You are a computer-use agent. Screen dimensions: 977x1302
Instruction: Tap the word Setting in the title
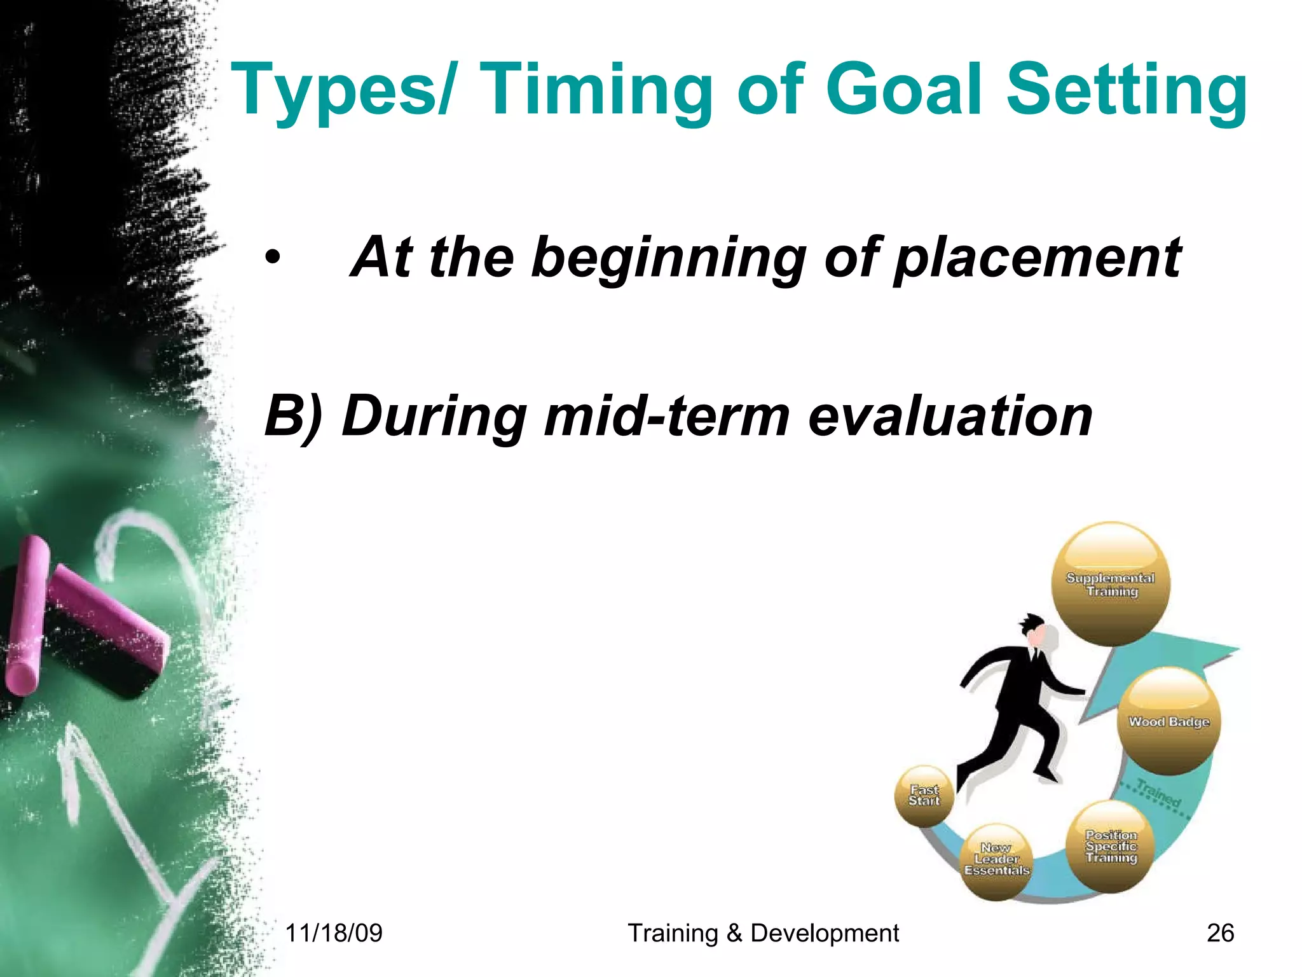click(x=1125, y=90)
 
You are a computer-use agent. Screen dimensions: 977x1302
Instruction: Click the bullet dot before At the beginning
click(x=273, y=258)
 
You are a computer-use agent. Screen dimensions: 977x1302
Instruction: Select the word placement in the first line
click(x=1036, y=258)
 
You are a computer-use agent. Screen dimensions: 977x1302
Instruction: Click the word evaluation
click(x=950, y=416)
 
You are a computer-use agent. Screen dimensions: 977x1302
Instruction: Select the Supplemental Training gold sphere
click(x=1110, y=584)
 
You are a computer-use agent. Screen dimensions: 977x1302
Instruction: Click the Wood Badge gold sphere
click(x=1168, y=721)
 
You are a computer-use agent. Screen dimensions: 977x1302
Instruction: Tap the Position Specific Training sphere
click(x=1110, y=846)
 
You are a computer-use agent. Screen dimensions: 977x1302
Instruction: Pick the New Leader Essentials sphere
click(x=996, y=860)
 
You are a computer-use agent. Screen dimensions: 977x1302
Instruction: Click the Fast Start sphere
click(x=924, y=796)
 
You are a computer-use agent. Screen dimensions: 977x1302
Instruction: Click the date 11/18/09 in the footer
click(x=334, y=933)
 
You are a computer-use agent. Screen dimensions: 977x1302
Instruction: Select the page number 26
click(x=1220, y=933)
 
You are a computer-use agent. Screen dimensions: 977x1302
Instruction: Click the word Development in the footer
click(x=825, y=933)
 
